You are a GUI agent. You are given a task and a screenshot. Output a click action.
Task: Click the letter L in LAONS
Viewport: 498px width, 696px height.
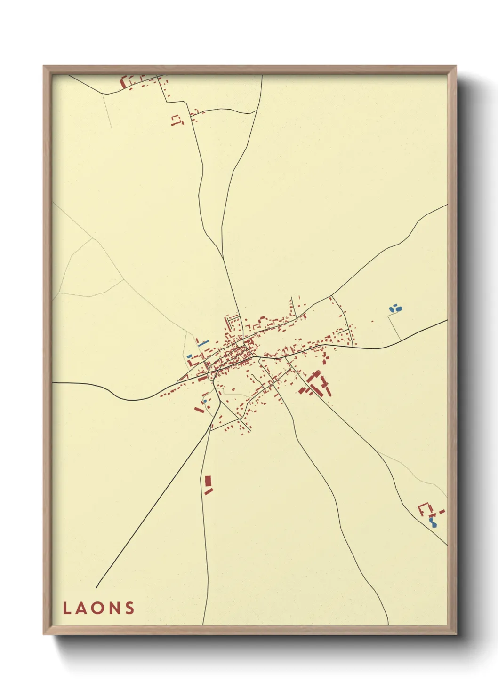pyautogui.click(x=67, y=608)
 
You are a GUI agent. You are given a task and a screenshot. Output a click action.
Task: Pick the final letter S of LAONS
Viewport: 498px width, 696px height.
pyautogui.click(x=129, y=608)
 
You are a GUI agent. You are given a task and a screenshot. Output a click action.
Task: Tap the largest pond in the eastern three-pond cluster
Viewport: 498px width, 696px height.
pyautogui.click(x=399, y=309)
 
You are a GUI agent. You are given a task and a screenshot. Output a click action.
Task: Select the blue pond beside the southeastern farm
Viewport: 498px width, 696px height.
pyautogui.click(x=433, y=521)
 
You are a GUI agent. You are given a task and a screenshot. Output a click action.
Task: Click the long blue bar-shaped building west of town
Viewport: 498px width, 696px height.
pyautogui.click(x=203, y=343)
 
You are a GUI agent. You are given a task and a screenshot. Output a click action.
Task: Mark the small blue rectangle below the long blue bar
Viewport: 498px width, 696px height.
pyautogui.click(x=190, y=356)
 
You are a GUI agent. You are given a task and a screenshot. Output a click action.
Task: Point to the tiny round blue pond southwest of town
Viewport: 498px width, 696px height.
pyautogui.click(x=205, y=401)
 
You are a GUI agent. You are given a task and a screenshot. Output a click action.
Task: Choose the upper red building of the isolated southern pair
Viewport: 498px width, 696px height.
pyautogui.click(x=208, y=481)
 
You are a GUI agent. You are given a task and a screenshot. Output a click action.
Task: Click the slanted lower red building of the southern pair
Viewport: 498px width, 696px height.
pyautogui.click(x=209, y=491)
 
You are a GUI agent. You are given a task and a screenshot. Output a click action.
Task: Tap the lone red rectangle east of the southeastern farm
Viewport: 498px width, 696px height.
pyautogui.click(x=442, y=511)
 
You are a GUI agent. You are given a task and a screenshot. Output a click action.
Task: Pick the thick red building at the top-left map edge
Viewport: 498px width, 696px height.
pyautogui.click(x=124, y=83)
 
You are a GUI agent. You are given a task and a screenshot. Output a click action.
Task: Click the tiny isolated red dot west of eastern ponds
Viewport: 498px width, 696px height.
pyautogui.click(x=372, y=321)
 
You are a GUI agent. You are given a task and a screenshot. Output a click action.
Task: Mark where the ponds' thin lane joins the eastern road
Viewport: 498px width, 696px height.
pyautogui.click(x=401, y=341)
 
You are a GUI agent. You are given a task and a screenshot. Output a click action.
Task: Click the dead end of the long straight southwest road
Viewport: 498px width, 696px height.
pyautogui.click(x=96, y=588)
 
